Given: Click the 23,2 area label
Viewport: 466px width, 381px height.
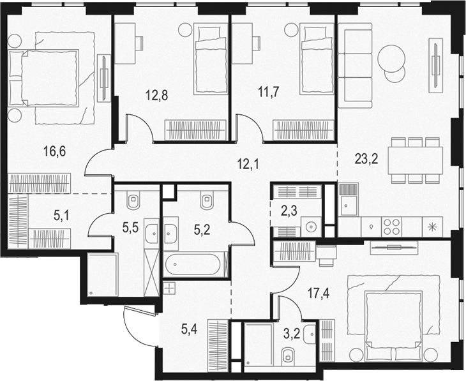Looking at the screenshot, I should click(366, 159).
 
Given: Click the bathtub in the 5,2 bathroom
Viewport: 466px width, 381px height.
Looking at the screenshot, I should click(195, 264).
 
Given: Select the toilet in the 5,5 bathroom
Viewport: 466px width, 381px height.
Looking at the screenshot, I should click(133, 202).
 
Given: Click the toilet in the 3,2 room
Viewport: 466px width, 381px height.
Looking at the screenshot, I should click(287, 355).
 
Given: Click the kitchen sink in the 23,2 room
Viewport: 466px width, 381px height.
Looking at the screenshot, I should click(348, 204).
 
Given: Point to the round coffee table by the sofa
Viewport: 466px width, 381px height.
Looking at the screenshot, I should click(391, 61).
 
